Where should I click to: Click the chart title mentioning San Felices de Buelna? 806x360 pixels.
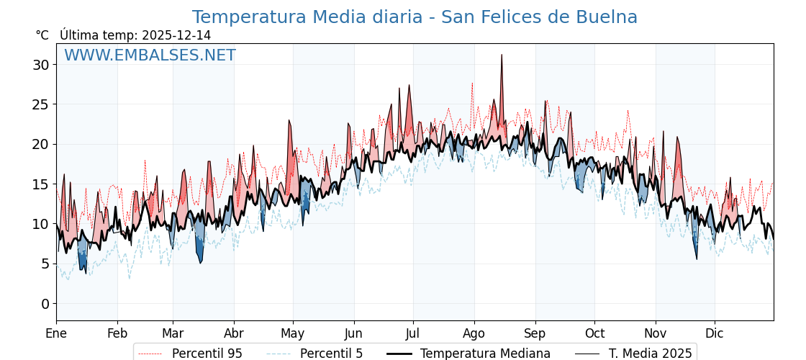coord(415,17)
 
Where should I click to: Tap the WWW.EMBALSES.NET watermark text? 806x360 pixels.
coord(150,55)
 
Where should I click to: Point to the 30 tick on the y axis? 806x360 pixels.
coord(40,65)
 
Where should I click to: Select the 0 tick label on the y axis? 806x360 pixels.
coord(45,304)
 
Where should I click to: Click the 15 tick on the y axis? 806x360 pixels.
coord(40,184)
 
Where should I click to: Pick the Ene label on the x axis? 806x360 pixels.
coord(56,333)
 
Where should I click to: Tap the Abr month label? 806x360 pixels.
coord(233,333)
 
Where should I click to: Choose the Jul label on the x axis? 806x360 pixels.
coord(413,333)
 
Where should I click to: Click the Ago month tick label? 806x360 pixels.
coord(474,333)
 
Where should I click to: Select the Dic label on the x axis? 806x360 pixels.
coord(715,333)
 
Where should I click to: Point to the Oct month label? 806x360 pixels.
coord(594,333)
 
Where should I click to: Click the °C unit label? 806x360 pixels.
coord(42,35)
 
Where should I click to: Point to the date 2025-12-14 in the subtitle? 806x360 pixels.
coord(176,35)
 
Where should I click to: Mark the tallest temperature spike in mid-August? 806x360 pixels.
coord(502,55)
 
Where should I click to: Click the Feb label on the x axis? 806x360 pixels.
coord(117,333)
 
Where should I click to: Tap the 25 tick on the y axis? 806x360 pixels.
coord(40,104)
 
